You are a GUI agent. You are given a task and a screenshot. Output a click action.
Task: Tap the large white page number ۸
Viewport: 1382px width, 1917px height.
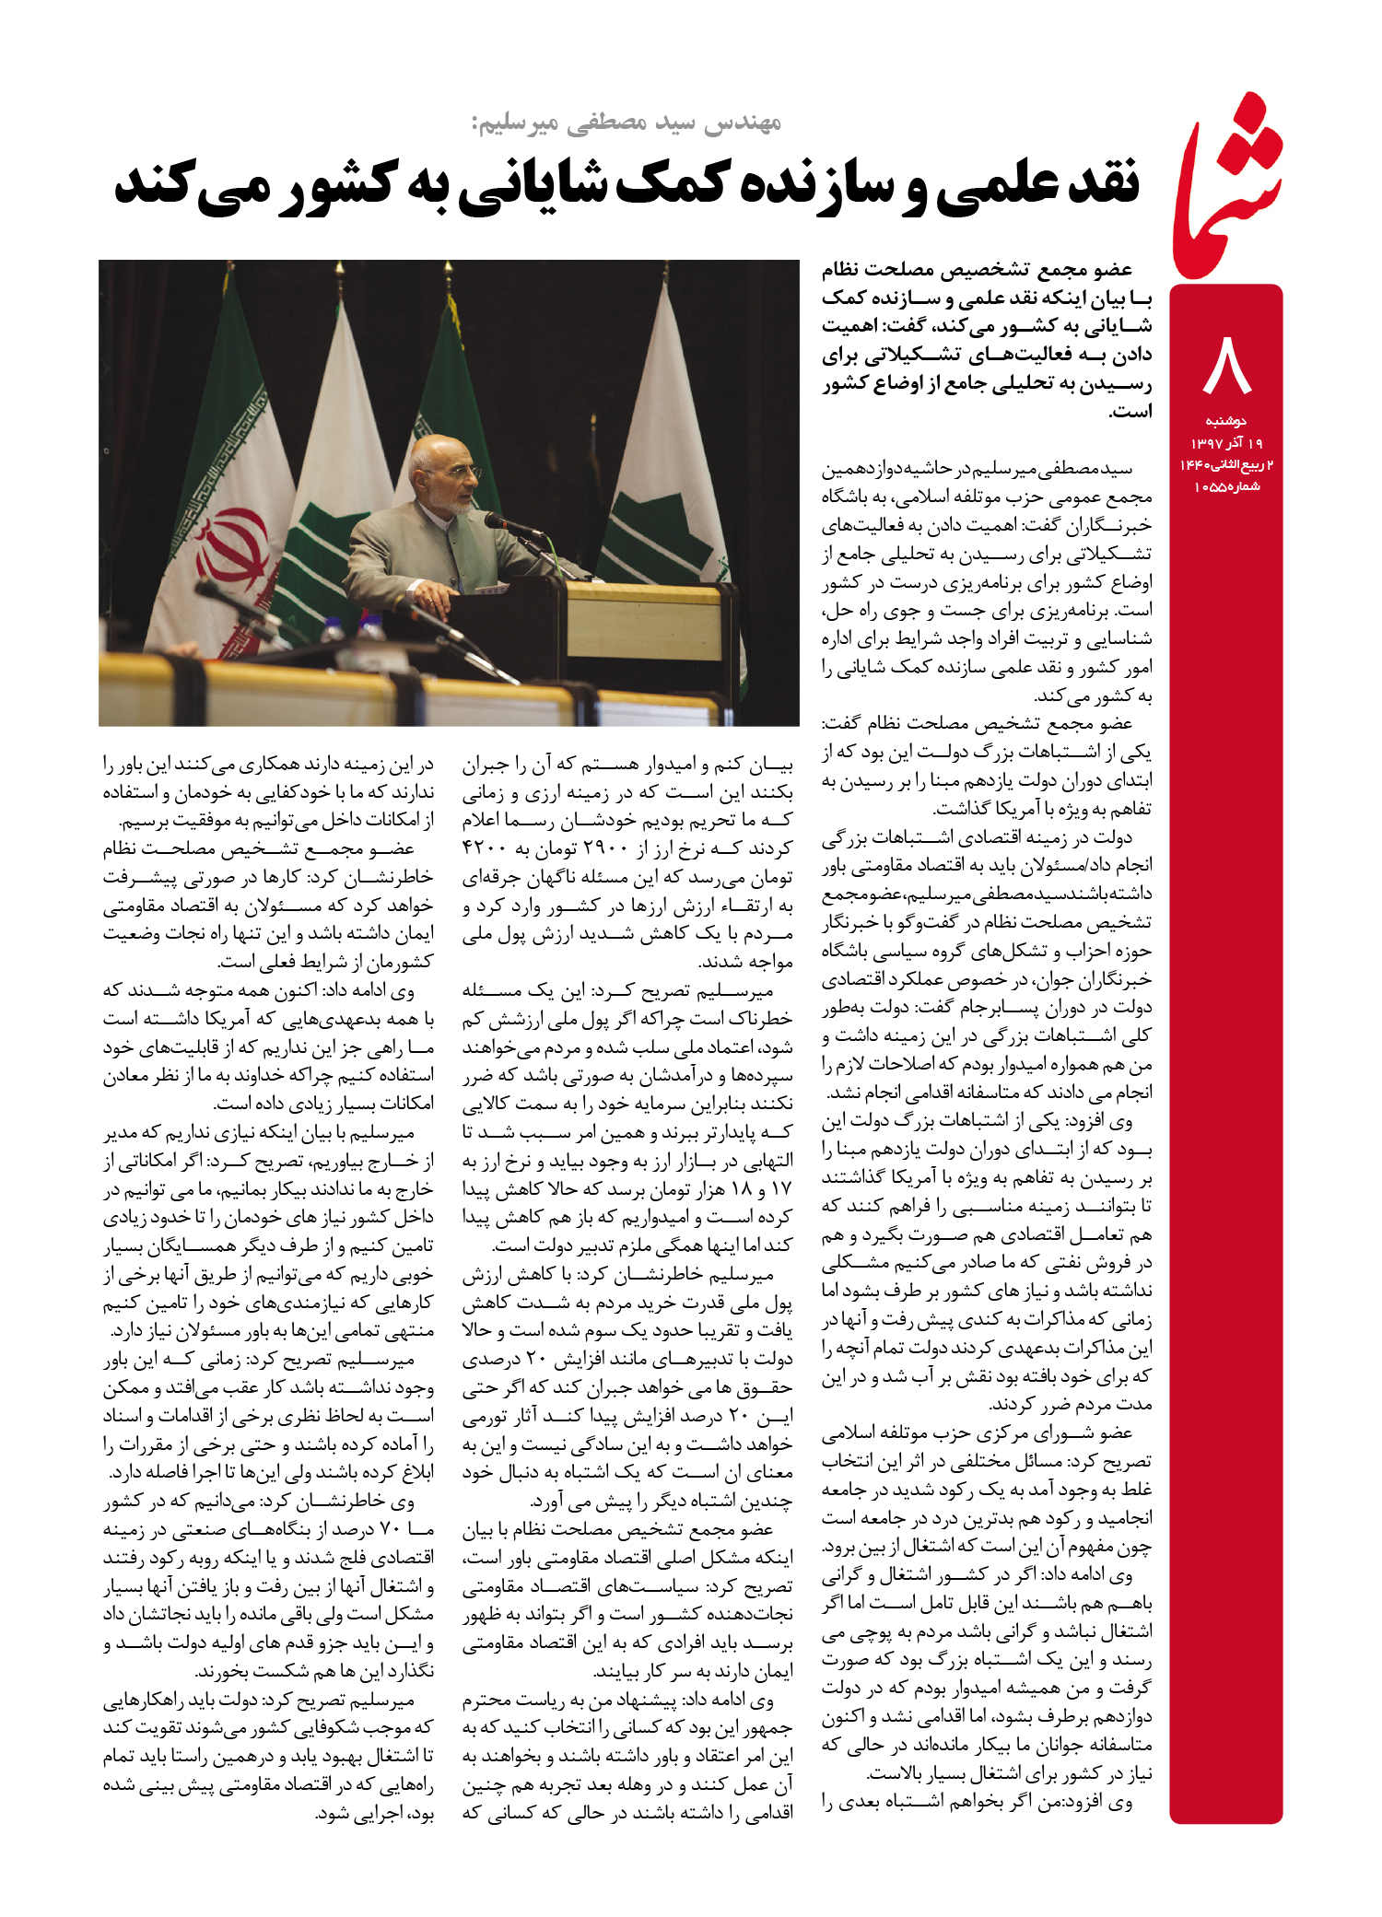[1227, 365]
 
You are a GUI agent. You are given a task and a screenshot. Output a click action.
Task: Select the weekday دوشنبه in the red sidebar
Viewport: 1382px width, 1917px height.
[1226, 421]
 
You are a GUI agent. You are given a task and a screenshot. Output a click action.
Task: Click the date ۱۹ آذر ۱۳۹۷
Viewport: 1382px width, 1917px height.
[1226, 443]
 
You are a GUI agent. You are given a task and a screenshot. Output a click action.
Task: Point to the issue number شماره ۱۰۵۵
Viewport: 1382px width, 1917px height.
[1226, 486]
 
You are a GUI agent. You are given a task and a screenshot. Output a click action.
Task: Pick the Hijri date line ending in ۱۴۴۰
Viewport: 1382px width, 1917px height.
[1226, 464]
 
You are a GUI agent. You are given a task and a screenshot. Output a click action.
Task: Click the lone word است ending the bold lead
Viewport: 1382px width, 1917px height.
[1131, 411]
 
